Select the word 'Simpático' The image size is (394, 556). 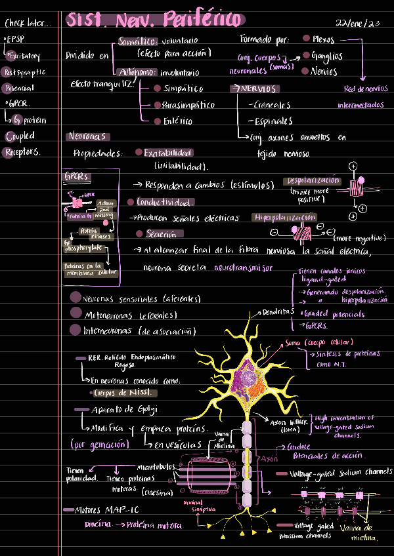click(x=183, y=89)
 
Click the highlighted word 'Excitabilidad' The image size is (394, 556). click(x=167, y=152)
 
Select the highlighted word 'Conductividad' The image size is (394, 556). click(x=165, y=202)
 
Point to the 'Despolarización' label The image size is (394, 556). click(x=313, y=181)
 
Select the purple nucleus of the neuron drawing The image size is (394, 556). click(x=250, y=378)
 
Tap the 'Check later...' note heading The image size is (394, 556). click(x=27, y=24)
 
